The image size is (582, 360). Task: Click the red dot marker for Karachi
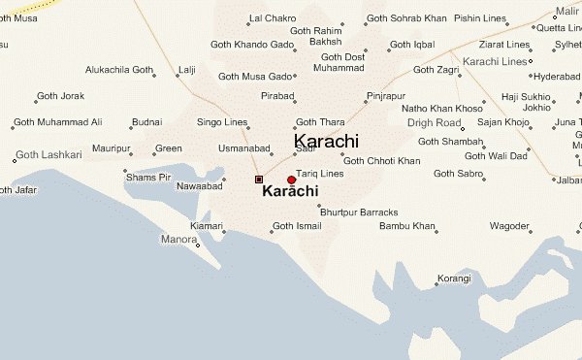pos(291,180)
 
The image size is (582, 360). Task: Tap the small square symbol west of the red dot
pos(258,180)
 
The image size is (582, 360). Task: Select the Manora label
pos(178,239)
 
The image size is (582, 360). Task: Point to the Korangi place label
pos(453,279)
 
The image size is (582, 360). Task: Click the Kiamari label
pos(207,226)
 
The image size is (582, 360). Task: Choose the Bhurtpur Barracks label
pos(359,212)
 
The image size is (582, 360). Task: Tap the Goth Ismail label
pos(296,226)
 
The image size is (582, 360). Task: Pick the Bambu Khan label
pos(407,226)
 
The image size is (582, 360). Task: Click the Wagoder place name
pos(509,226)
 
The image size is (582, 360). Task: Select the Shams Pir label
pos(148,178)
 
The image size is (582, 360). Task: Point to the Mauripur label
pos(112,148)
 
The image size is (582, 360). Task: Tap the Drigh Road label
pos(434,123)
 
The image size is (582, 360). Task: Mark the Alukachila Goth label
pos(119,71)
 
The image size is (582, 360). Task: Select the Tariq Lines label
pos(319,174)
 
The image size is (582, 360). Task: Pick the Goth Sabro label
pos(457,174)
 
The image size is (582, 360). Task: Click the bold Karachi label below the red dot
pos(290,192)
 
